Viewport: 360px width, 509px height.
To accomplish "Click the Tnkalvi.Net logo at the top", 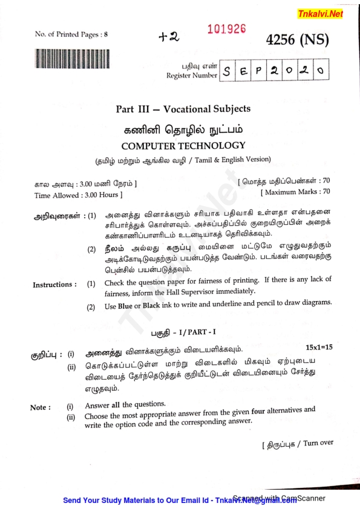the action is (319, 14).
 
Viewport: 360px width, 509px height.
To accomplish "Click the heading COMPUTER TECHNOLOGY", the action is (183, 146).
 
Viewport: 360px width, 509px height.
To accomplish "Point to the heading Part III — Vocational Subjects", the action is (183, 109).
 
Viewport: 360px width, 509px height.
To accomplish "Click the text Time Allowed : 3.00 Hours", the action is (78, 195).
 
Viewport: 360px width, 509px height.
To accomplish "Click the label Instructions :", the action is (54, 284).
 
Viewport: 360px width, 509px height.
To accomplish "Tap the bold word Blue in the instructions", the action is (125, 306).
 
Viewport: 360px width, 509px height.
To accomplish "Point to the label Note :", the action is (41, 407).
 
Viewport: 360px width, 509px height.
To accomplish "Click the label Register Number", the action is (191, 76).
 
